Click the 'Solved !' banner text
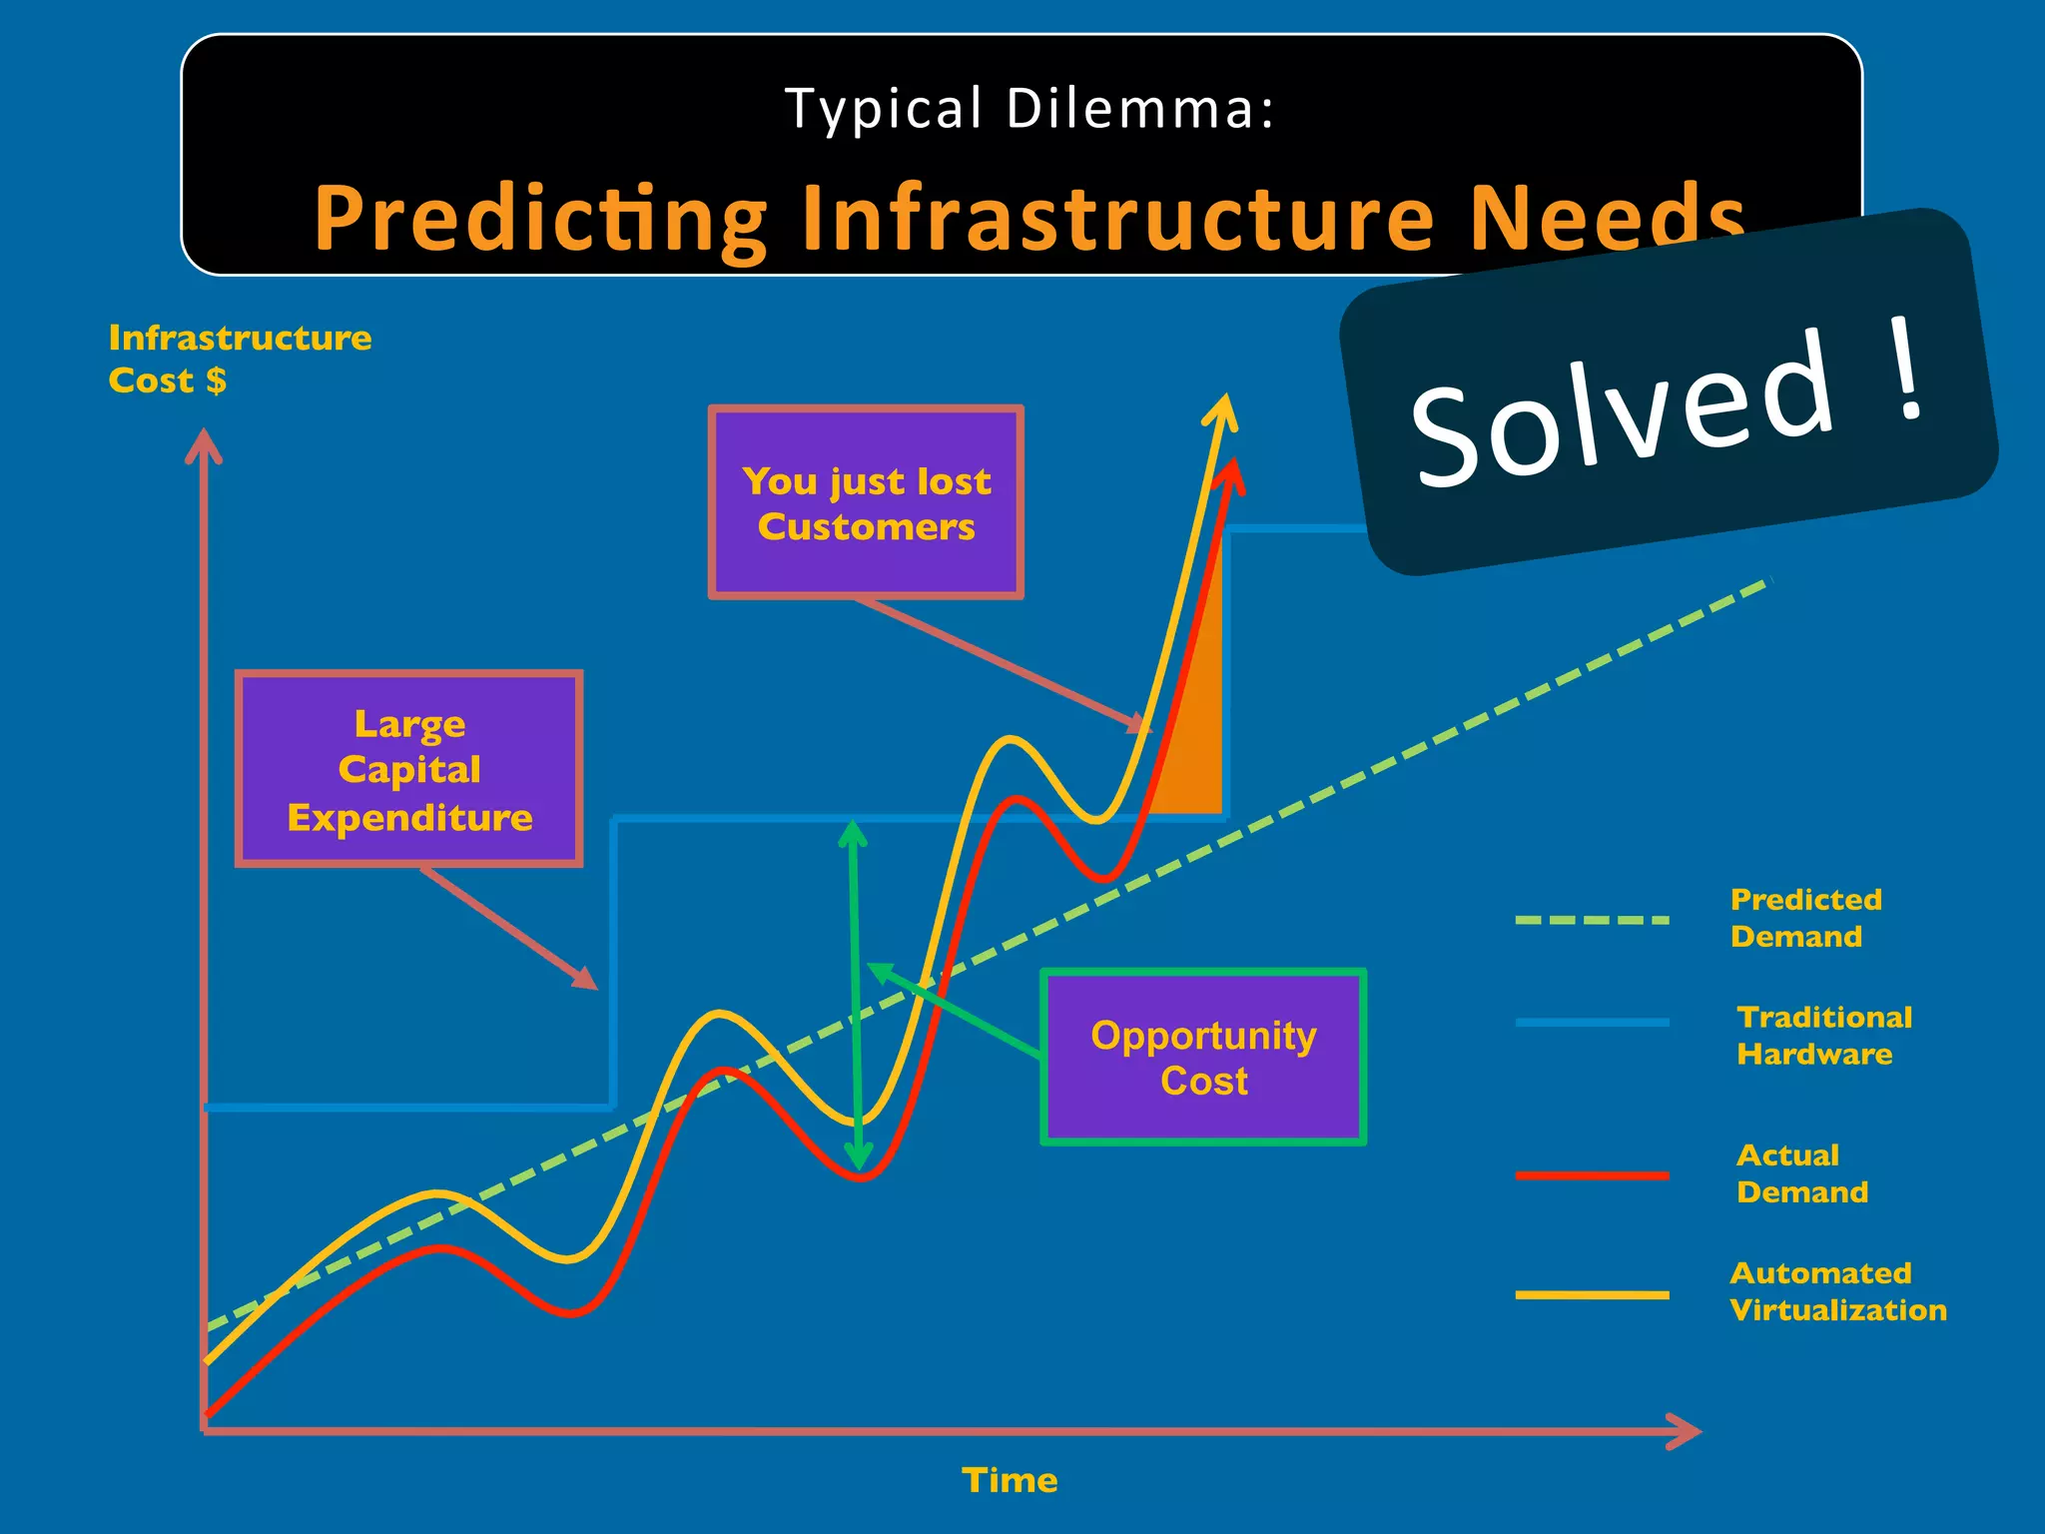coord(1668,404)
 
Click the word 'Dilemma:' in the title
coord(1139,108)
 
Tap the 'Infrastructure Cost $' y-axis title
coord(239,359)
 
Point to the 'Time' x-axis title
coord(1009,1480)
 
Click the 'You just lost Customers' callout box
coord(866,502)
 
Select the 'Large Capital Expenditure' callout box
coord(409,769)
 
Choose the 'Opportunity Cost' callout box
coord(1203,1058)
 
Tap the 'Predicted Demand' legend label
coord(1804,918)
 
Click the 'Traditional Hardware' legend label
coord(1822,1036)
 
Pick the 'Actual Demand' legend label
coord(1800,1173)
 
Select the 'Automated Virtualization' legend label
coord(1836,1291)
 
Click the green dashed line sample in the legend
coord(1591,920)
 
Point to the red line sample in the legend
coord(1591,1175)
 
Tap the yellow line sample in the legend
coord(1591,1294)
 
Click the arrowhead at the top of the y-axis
coord(204,444)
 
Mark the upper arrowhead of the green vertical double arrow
coord(852,833)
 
